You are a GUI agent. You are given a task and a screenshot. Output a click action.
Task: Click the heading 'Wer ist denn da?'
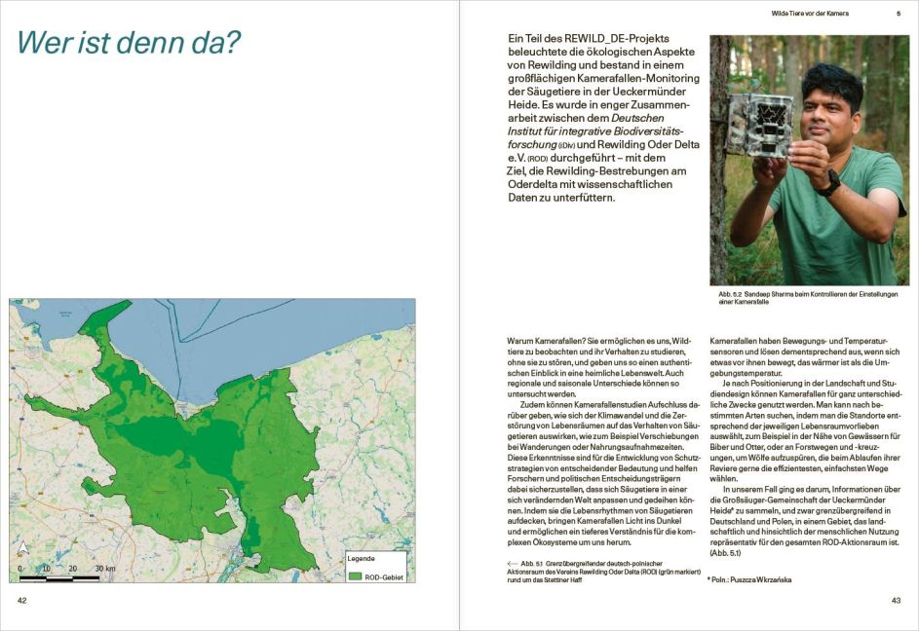tap(129, 43)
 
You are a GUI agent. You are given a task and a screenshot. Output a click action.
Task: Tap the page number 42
tap(21, 600)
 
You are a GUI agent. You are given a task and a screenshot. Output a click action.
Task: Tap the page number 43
tap(895, 600)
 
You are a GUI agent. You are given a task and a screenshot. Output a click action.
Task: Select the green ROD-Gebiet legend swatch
tap(354, 575)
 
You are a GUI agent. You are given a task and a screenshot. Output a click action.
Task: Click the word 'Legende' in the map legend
tap(362, 559)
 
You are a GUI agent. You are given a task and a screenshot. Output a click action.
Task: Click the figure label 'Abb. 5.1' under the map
tap(531, 564)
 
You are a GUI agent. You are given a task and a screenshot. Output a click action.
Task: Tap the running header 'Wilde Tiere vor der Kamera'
tap(809, 14)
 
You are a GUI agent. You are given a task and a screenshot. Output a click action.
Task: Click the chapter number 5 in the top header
tap(898, 14)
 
